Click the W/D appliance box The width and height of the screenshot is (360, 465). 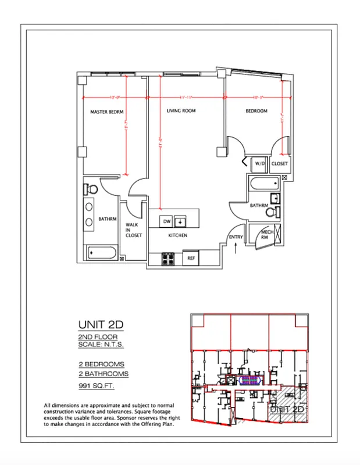tap(258, 164)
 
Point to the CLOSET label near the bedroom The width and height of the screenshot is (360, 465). tap(280, 164)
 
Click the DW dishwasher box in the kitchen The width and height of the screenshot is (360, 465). tap(166, 221)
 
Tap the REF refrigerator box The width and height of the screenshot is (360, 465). tap(190, 257)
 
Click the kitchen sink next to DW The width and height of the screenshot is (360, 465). tap(181, 221)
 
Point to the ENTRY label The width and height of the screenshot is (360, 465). tap(236, 237)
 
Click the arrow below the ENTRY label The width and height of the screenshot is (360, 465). tap(235, 247)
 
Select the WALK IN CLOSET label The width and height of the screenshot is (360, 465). tap(133, 230)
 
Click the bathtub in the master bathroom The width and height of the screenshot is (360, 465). tap(102, 253)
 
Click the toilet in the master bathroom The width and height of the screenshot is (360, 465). tap(91, 188)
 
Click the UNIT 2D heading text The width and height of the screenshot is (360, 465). tap(102, 324)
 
